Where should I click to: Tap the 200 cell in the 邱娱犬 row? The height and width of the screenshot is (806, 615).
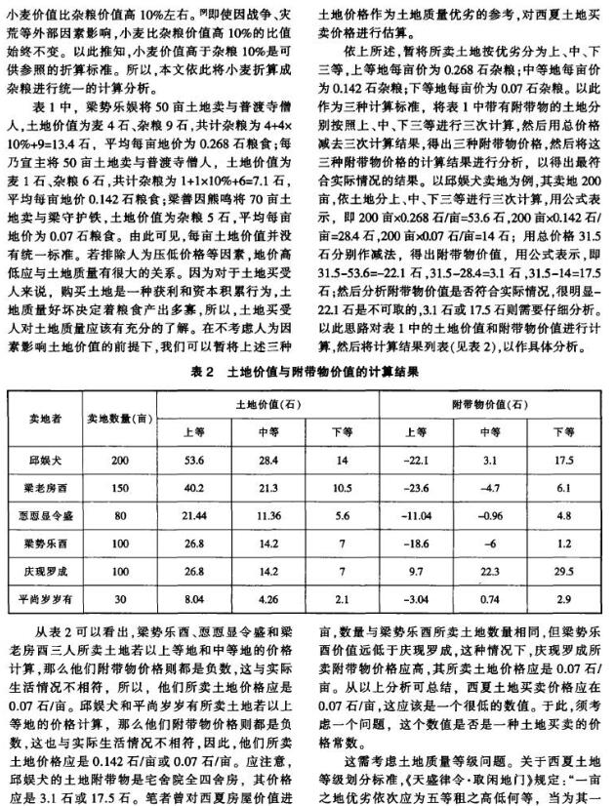point(119,458)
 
